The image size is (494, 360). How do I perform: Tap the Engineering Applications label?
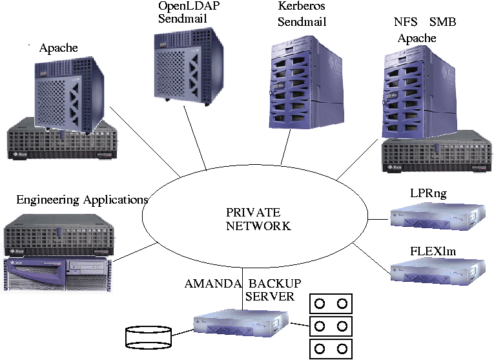pyautogui.click(x=82, y=200)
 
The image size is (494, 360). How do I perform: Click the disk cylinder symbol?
pyautogui.click(x=147, y=337)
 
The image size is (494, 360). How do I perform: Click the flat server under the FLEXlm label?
pyautogui.click(x=437, y=270)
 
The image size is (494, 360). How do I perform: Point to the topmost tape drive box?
pyautogui.click(x=332, y=303)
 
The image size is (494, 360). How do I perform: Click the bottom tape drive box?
pyautogui.click(x=332, y=349)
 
